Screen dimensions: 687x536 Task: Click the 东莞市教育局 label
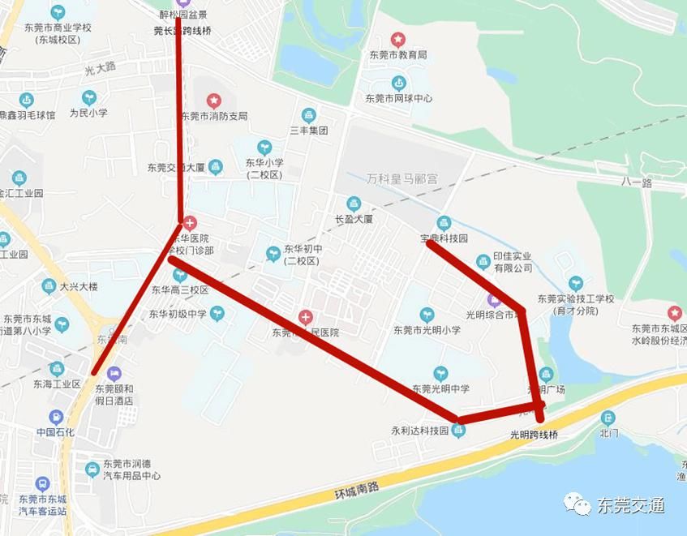[398, 55]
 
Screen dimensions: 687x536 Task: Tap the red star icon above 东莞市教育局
[398, 38]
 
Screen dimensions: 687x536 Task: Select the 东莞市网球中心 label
[398, 98]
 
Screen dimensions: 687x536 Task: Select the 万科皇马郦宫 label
[401, 178]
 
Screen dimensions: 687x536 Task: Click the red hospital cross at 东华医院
[190, 222]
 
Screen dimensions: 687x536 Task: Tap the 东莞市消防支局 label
[214, 116]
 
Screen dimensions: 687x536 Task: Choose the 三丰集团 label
[308, 130]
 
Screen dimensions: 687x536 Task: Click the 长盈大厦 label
[354, 219]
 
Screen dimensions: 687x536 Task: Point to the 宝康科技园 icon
[444, 223]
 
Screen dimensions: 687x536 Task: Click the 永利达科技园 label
[421, 431]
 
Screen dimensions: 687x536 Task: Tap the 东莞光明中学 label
[440, 389]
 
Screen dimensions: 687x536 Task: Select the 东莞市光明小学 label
[427, 330]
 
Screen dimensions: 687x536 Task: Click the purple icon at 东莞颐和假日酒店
[114, 374]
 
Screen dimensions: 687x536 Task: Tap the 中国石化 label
[55, 432]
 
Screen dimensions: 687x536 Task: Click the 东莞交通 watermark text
[631, 506]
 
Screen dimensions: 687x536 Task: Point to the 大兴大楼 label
[79, 286]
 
